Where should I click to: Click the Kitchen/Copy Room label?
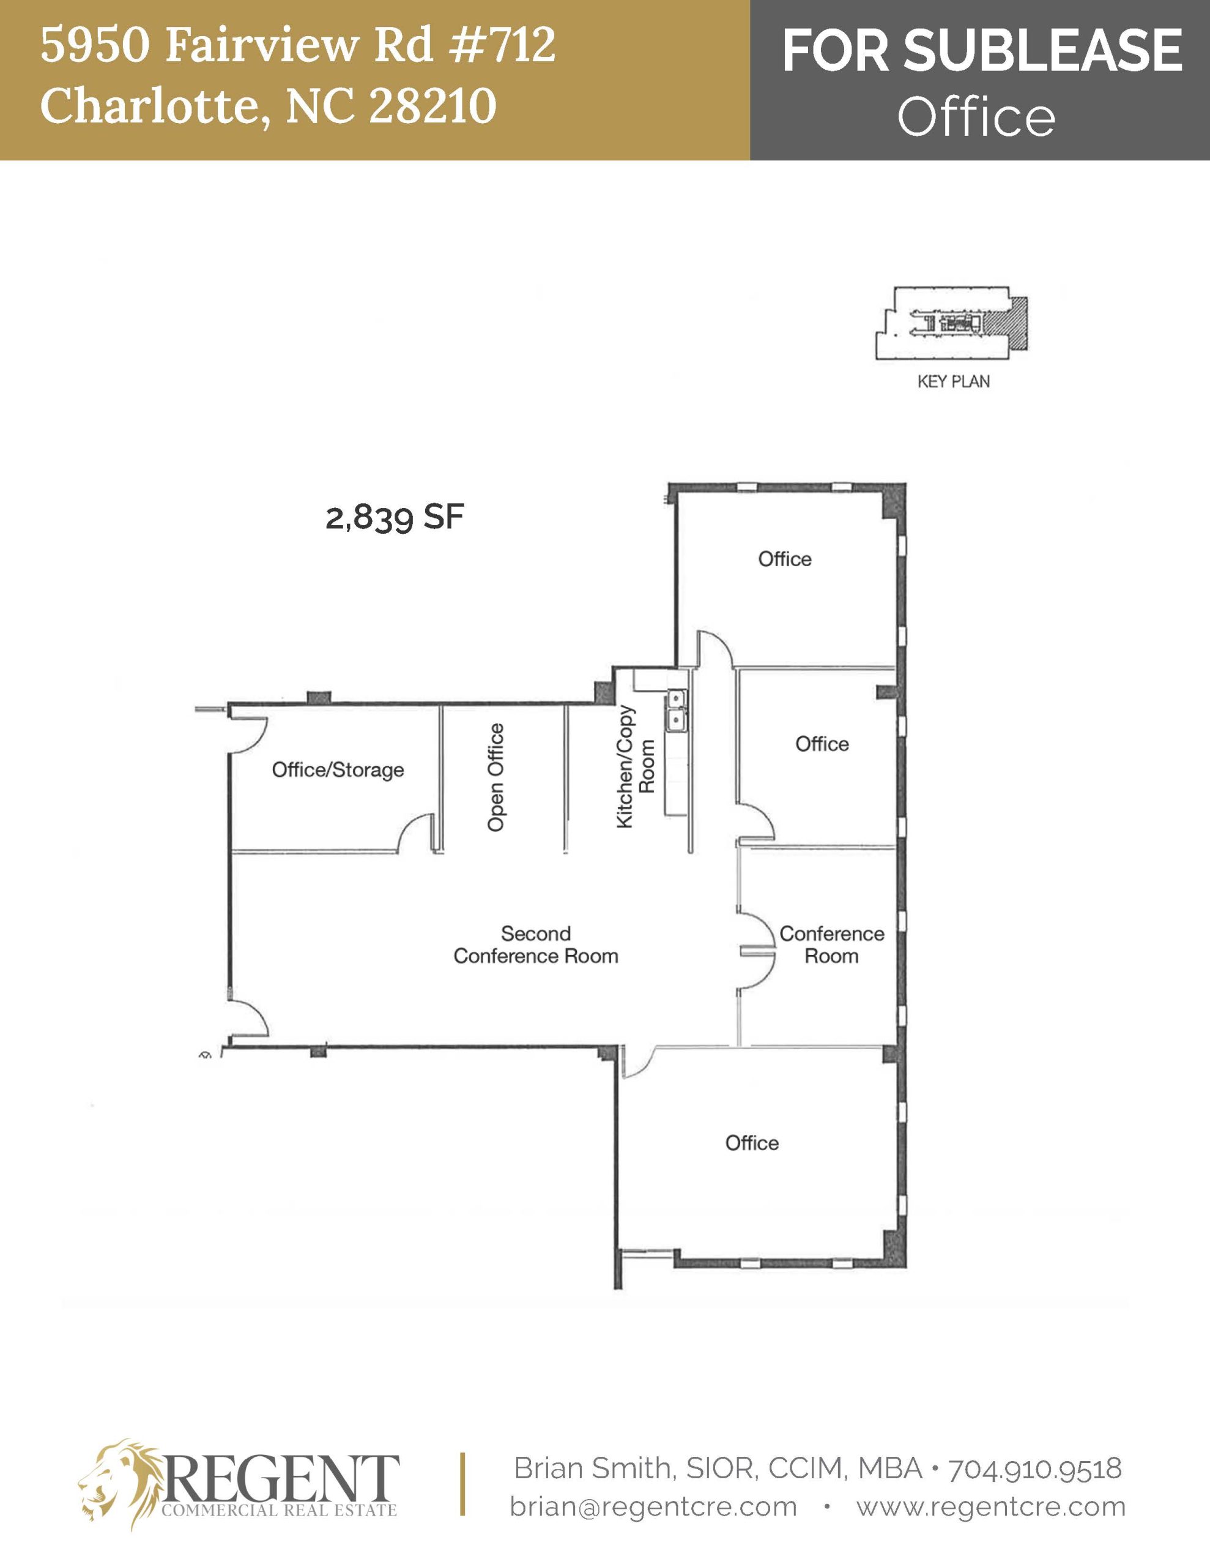(x=636, y=766)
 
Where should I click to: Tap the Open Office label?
(x=496, y=777)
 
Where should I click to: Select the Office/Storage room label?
(x=337, y=770)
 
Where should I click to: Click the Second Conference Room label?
(x=535, y=944)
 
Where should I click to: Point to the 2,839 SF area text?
(x=395, y=517)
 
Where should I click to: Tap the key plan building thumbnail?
(x=951, y=324)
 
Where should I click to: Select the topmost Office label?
(x=785, y=559)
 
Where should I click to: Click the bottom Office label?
(x=752, y=1143)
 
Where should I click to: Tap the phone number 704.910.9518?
(x=1035, y=1468)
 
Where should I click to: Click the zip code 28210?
(x=432, y=105)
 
